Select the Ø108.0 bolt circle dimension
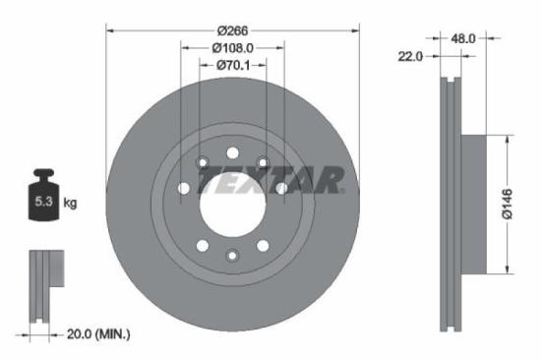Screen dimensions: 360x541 [x=232, y=46]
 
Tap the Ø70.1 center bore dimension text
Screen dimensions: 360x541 [x=232, y=65]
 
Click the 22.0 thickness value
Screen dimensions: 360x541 [x=410, y=57]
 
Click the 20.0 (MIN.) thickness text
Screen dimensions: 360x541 [x=95, y=334]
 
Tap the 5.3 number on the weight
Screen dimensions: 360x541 [x=41, y=204]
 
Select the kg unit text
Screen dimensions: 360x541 [x=71, y=204]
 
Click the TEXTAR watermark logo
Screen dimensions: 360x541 [x=270, y=181]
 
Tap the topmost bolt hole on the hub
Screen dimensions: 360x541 [x=232, y=153]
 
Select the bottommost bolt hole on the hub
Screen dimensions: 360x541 [x=232, y=256]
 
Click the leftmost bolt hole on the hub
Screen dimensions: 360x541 [x=183, y=187]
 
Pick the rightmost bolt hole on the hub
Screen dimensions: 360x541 [x=281, y=187]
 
